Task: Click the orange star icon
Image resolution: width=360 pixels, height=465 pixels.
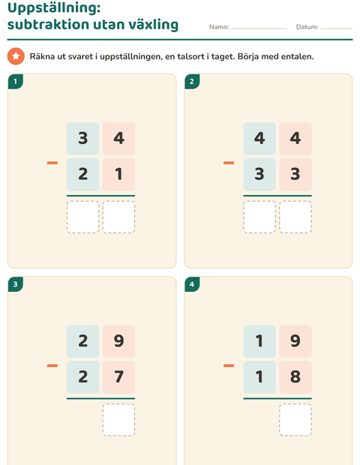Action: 16,56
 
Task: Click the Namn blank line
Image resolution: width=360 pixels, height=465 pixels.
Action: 258,28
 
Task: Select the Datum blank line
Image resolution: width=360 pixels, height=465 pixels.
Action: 336,28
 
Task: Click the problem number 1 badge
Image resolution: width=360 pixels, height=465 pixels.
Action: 16,81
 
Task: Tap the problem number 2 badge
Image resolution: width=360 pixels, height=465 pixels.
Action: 192,81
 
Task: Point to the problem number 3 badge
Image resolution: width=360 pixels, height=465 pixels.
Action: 16,284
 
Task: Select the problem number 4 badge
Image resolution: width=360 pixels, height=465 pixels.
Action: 192,284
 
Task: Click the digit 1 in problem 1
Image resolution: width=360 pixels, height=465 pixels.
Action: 118,174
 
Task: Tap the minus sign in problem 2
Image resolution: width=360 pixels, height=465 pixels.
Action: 229,163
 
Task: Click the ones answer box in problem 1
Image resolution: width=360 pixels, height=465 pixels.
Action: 118,217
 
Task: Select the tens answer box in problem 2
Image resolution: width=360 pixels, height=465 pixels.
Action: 259,217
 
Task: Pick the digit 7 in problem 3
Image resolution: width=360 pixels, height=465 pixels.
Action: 118,376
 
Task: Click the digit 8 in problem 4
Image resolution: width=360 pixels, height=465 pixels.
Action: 295,376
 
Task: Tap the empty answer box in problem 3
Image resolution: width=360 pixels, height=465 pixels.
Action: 118,420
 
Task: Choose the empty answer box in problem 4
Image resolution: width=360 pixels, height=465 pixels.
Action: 295,420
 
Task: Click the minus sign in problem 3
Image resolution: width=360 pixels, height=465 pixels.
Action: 52,366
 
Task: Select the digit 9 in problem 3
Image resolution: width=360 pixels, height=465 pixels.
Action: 118,340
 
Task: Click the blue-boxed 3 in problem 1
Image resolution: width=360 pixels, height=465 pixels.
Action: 82,138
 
